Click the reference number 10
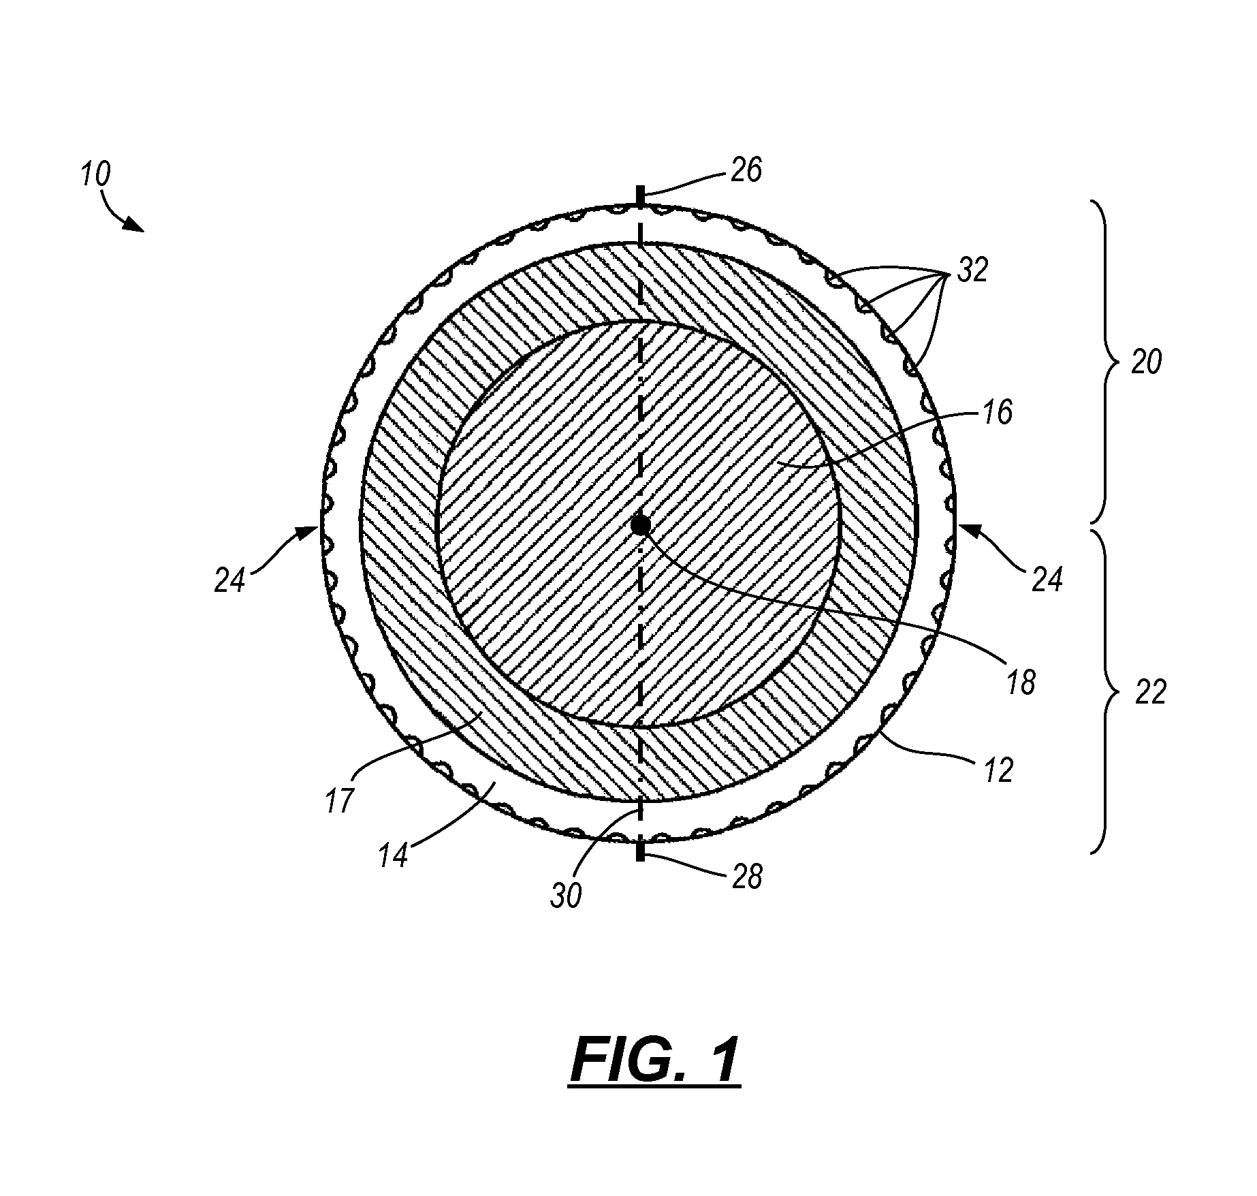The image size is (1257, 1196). (x=95, y=175)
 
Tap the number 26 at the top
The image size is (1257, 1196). (x=746, y=170)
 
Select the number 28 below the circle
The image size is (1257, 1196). (x=746, y=877)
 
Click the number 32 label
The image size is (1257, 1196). (x=972, y=270)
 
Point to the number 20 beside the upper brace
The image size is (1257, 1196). (x=1146, y=363)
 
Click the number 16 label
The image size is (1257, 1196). (x=998, y=413)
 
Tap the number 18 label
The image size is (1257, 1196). (x=1020, y=682)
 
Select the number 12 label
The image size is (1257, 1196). (x=998, y=770)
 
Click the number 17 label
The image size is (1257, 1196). (x=338, y=800)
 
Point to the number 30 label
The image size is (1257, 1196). (x=566, y=896)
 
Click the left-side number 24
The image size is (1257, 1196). (x=229, y=581)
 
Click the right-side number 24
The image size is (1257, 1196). (x=1047, y=580)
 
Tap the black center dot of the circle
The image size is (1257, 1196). (x=640, y=525)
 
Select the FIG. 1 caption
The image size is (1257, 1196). (x=654, y=1060)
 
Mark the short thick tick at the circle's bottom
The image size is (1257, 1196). (x=640, y=851)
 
